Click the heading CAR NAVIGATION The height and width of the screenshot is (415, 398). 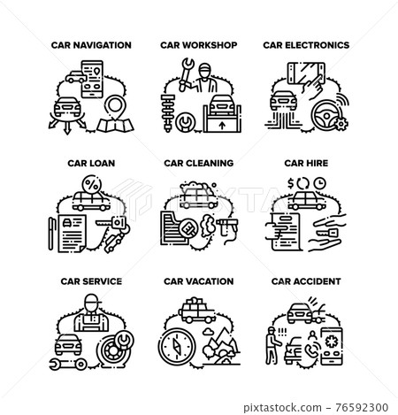91,45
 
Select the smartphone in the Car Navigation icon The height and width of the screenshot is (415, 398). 92,79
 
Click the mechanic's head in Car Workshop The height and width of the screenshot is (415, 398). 204,71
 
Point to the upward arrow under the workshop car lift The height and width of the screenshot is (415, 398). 223,126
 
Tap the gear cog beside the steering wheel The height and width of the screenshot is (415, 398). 341,124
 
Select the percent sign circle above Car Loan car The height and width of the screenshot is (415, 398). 92,185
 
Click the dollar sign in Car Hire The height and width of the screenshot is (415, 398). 291,184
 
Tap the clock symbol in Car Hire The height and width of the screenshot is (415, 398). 319,183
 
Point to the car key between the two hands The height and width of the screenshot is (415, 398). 328,233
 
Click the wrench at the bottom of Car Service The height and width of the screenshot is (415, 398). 68,365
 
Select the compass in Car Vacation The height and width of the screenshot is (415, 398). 177,346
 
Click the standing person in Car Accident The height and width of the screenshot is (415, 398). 272,345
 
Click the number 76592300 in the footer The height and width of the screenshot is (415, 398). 362,407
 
